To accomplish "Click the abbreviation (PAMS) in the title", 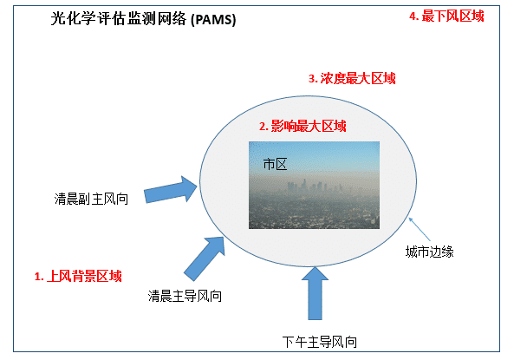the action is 213,19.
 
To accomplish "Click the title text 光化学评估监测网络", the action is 119,18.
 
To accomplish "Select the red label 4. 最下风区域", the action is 446,16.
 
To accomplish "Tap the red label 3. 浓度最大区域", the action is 352,78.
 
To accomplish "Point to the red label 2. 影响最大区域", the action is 303,126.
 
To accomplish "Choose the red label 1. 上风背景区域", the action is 78,276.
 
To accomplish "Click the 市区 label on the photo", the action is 275,164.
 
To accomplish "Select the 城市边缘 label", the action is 429,252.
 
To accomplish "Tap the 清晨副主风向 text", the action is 91,199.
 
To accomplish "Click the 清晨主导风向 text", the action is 185,296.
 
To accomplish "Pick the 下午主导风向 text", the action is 320,342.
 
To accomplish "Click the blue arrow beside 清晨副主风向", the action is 171,190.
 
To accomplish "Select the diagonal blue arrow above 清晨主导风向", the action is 205,259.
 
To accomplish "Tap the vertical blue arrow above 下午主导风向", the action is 315,293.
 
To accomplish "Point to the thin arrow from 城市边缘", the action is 420,229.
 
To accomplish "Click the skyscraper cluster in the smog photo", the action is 313,187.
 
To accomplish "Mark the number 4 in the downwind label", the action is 413,16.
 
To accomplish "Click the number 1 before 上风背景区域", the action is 37,277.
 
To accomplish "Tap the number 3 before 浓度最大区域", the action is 312,79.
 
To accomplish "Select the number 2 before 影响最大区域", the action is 263,127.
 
